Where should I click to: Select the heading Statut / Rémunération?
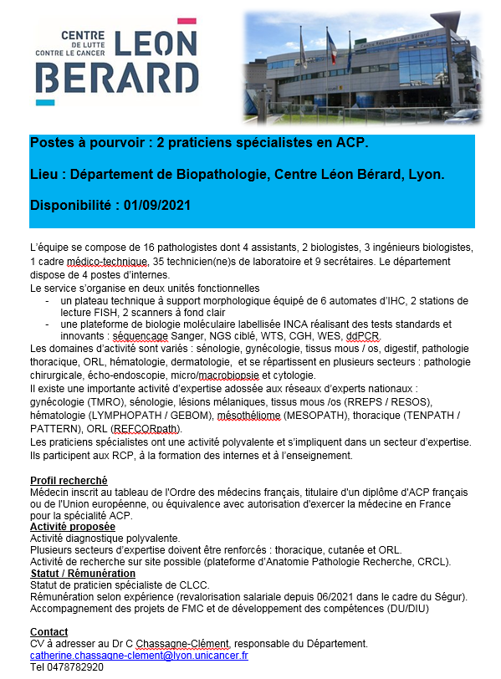[x=82, y=574]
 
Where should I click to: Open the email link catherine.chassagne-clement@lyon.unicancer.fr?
[x=139, y=656]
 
